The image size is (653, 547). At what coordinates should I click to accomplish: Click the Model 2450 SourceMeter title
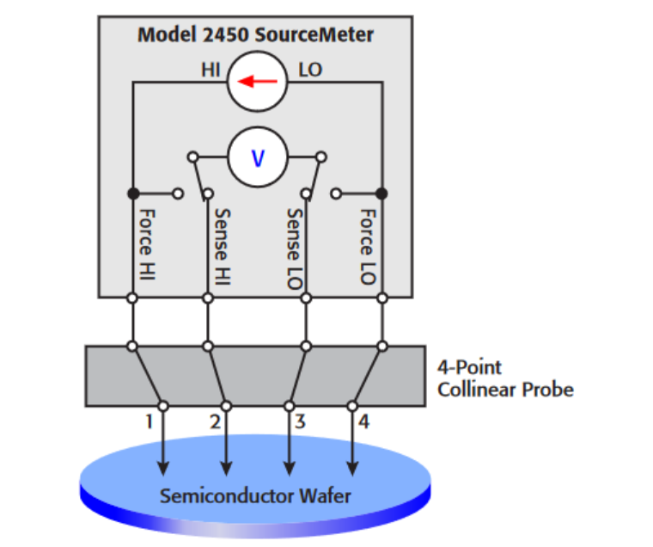[256, 35]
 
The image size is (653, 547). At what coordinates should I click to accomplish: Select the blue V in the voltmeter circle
[257, 157]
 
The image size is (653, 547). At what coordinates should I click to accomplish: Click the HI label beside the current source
[211, 70]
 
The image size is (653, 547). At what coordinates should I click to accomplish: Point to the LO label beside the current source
[309, 70]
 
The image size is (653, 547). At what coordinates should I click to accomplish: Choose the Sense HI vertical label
[221, 246]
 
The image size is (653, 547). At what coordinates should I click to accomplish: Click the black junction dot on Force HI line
[133, 193]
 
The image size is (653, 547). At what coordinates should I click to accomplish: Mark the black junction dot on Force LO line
[381, 193]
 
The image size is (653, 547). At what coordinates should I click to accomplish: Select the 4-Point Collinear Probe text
[505, 378]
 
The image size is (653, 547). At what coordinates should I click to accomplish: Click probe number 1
[149, 421]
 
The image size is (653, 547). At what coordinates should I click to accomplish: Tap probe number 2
[214, 421]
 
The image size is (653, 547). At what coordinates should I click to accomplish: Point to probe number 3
[299, 421]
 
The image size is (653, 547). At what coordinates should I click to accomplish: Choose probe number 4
[363, 421]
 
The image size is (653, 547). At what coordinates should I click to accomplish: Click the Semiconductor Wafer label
[255, 496]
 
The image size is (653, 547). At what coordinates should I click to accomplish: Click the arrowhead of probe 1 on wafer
[162, 468]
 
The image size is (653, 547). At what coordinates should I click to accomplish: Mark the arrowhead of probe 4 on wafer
[352, 468]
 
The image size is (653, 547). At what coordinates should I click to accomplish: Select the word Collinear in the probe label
[473, 389]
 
